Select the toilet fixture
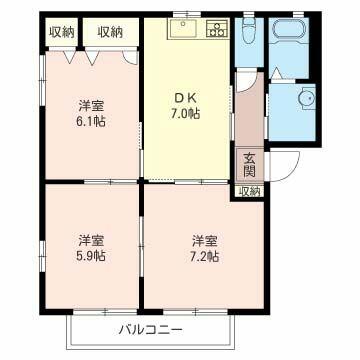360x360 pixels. click(250, 31)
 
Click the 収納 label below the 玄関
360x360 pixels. click(249, 190)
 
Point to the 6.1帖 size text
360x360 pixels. click(92, 121)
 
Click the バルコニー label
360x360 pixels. click(151, 328)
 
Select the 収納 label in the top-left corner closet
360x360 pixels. click(62, 31)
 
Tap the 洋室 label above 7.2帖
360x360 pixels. click(205, 240)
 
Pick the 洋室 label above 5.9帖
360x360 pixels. click(92, 240)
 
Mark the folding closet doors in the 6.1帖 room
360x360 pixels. click(90, 57)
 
